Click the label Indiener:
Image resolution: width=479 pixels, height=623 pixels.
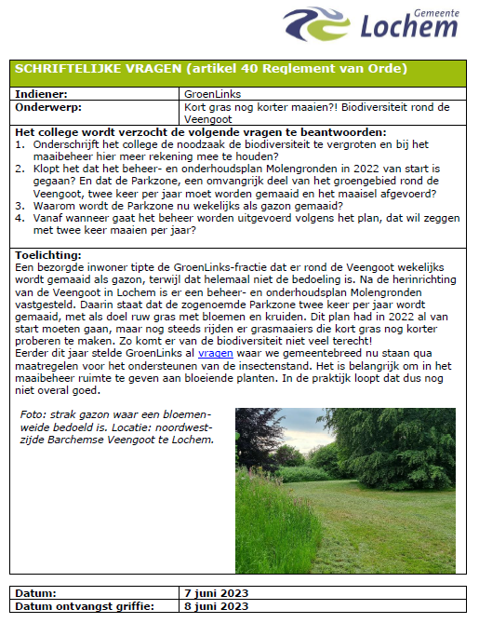point(44,94)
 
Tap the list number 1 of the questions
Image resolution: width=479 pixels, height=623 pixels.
point(20,146)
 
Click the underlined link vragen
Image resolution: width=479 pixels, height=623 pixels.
point(216,354)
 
